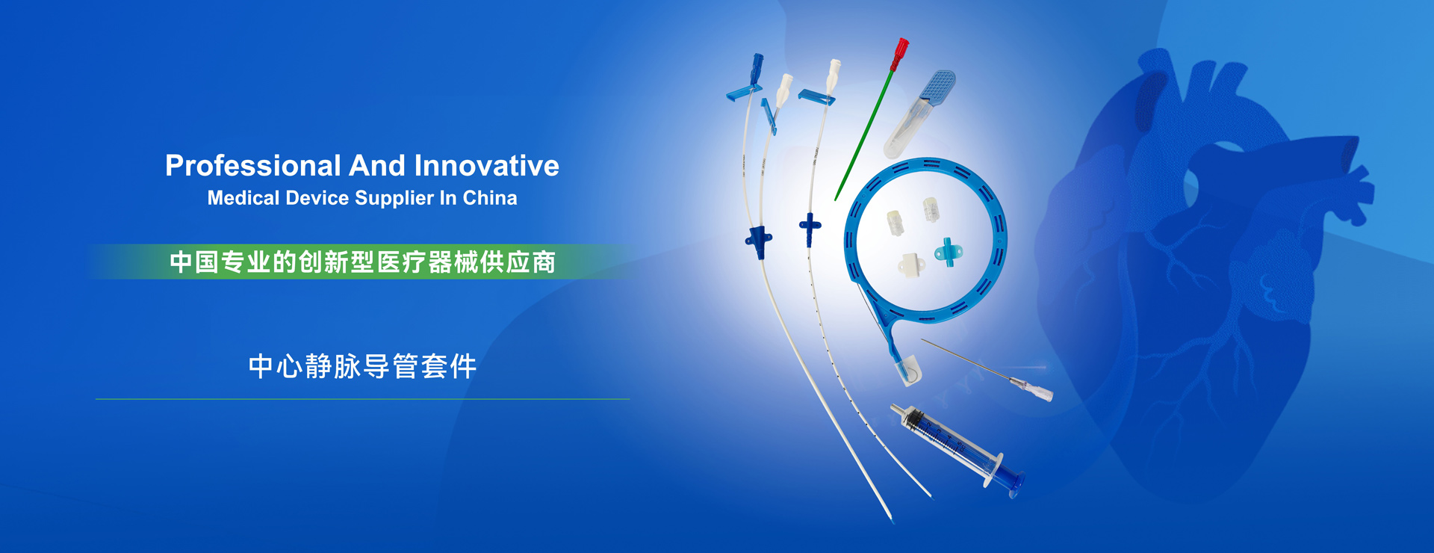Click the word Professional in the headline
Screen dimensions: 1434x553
click(x=253, y=166)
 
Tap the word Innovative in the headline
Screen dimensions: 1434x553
click(x=486, y=166)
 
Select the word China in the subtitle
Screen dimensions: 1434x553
click(x=490, y=198)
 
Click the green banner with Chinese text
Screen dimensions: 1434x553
click(x=363, y=262)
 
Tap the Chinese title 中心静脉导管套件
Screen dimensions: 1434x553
click(x=363, y=366)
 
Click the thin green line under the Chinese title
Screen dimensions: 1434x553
click(x=362, y=399)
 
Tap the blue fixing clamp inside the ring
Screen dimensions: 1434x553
click(x=948, y=253)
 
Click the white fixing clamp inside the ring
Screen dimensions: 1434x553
click(x=910, y=265)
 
